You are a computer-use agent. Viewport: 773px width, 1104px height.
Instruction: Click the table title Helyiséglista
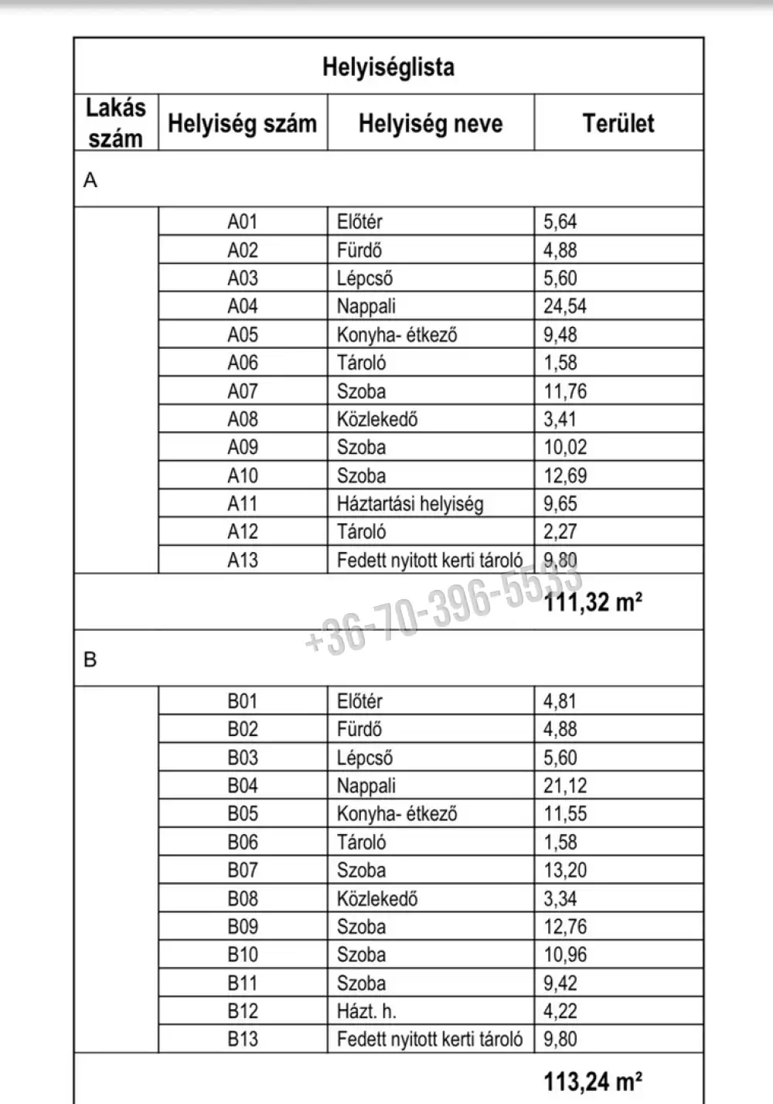[388, 66]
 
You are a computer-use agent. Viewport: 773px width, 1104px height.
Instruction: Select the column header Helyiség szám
[242, 124]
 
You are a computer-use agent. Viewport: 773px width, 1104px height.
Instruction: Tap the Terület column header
[618, 124]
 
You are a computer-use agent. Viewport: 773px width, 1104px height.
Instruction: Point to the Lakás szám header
[116, 123]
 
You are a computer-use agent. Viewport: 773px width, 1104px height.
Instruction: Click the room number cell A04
[242, 306]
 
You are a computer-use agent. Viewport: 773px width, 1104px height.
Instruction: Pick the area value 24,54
[564, 306]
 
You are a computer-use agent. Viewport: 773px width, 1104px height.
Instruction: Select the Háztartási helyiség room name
[410, 504]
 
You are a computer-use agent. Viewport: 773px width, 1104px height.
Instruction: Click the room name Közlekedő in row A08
[377, 419]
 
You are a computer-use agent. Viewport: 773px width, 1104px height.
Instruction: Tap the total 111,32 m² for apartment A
[593, 601]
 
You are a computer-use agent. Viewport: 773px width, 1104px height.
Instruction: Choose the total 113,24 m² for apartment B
[593, 1080]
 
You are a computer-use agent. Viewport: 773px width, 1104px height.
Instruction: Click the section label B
[90, 659]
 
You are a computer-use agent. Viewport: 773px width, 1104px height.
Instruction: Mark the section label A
[90, 180]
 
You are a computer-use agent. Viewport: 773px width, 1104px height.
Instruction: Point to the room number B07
[242, 871]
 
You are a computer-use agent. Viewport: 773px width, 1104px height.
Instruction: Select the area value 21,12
[564, 785]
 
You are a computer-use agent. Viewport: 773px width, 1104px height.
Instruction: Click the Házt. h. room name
[366, 1011]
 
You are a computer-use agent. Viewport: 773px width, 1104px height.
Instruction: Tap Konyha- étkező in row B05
[397, 814]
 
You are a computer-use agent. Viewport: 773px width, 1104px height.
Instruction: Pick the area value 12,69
[564, 475]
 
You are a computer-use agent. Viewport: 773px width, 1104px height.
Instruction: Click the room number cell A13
[242, 560]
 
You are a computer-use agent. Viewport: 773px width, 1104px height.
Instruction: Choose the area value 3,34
[560, 898]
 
